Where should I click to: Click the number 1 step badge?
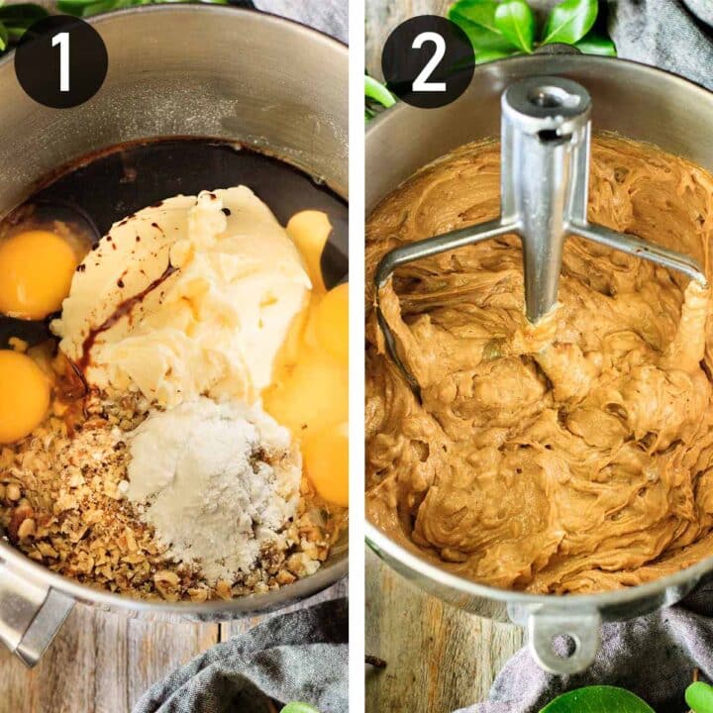pyautogui.click(x=60, y=61)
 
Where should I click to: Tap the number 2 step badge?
pyautogui.click(x=428, y=61)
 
